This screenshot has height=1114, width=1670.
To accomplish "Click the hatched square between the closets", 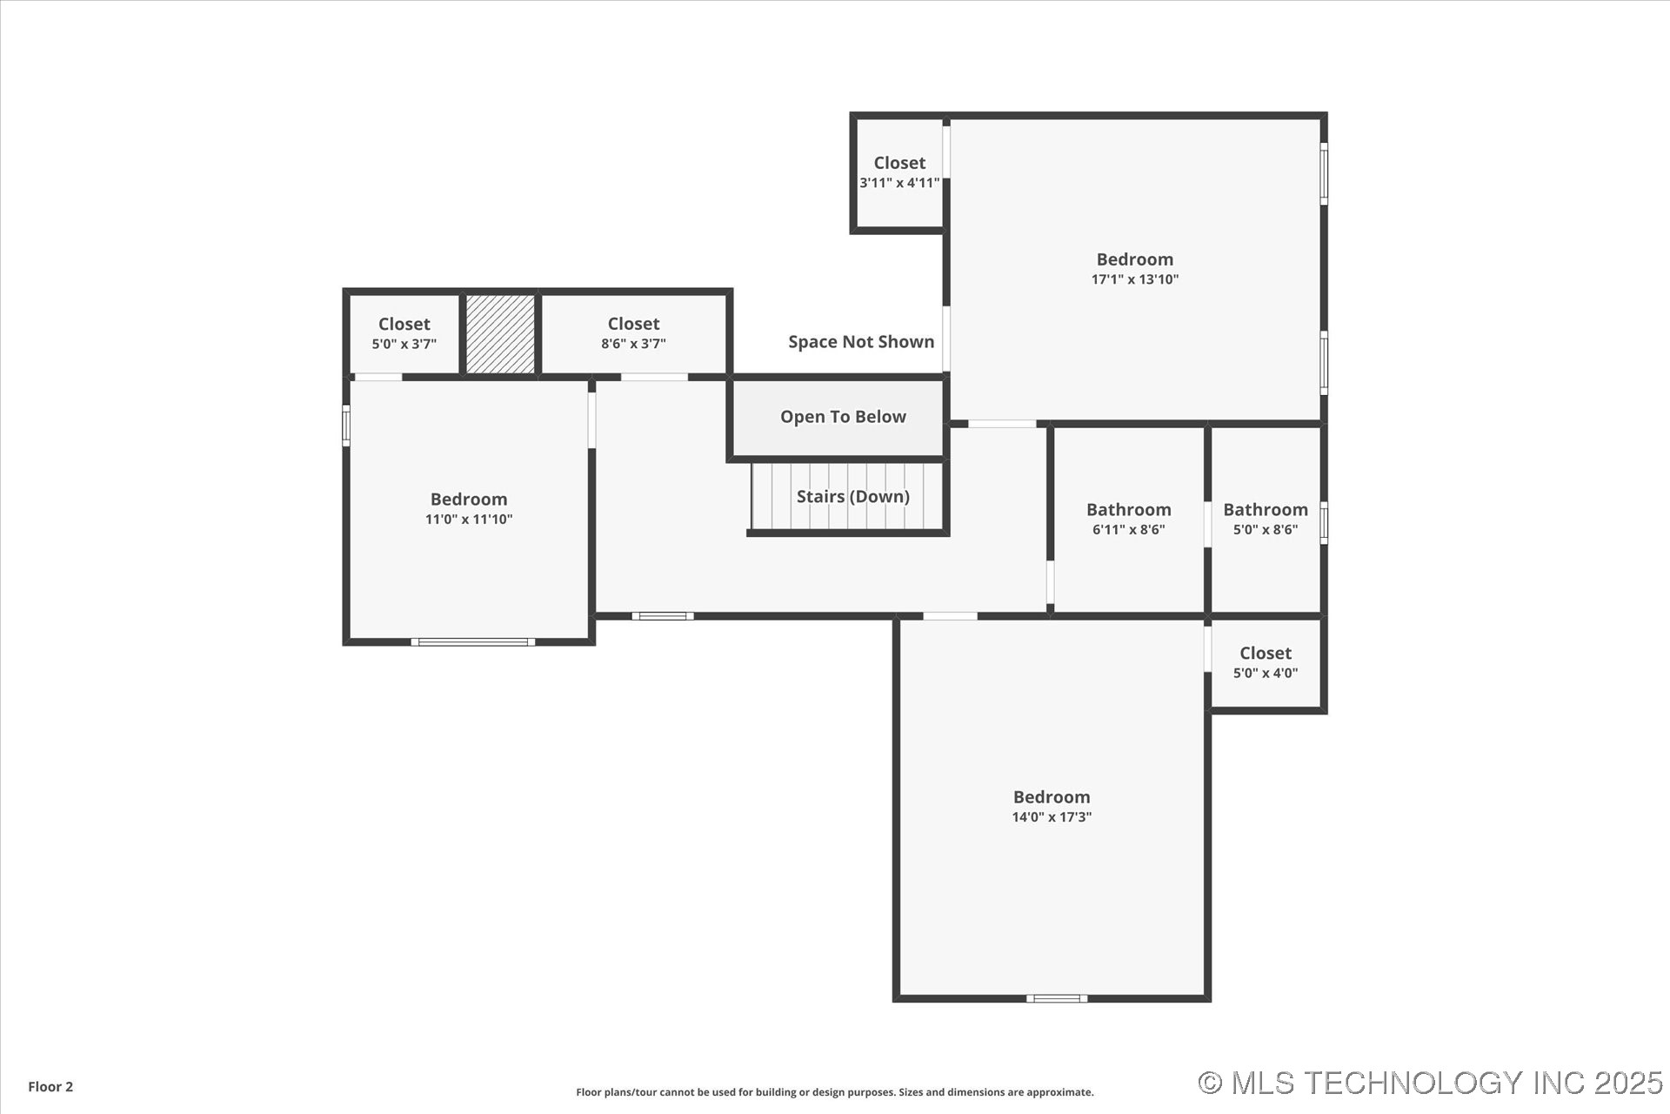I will coord(500,334).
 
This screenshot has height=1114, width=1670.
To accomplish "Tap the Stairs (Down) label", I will coord(852,496).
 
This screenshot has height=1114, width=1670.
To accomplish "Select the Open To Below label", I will coord(842,417).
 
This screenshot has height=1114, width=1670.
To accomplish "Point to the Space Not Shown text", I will coord(860,342).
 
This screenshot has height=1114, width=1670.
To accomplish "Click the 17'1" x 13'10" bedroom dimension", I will coord(1134,279).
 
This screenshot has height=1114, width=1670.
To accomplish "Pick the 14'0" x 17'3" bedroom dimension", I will coord(1051,817).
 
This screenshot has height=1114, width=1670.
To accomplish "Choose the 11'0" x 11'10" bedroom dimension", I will coord(468,520).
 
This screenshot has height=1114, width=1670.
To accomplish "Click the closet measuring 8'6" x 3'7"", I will coord(633,333).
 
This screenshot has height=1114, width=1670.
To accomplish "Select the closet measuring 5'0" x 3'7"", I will coord(404,333).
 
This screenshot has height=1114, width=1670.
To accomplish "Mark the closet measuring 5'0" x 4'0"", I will coord(1265,662).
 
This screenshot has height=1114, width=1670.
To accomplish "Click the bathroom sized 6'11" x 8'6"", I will coord(1128,519).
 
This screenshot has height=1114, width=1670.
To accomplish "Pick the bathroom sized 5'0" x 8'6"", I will coord(1265,519).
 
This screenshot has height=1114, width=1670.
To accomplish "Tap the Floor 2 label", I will coord(50,1086).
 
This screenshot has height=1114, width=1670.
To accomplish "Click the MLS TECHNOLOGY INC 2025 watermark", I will coord(1430,1083).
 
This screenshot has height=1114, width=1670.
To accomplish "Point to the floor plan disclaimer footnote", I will coord(834,1092).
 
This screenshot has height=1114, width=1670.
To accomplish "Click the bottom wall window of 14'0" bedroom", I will coord(1056,998).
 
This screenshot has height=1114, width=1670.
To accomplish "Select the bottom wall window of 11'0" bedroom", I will coord(472,642).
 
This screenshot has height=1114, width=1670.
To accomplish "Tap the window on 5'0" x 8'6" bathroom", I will coord(1324,523).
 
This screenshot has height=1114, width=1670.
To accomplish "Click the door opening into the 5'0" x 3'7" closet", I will coord(378,377).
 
